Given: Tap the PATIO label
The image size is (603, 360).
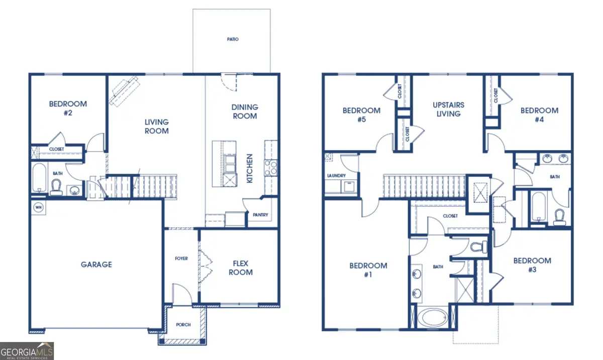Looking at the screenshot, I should (x=232, y=39).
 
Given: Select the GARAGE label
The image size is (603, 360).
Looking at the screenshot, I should (x=96, y=265).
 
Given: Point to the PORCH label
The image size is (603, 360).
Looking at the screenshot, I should (x=183, y=325).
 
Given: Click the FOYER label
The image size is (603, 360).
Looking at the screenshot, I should (x=181, y=259).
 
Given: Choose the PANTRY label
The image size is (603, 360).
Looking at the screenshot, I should (x=260, y=215).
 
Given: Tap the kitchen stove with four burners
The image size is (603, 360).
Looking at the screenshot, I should (x=270, y=167).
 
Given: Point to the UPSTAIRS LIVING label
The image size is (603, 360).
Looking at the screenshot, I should (x=448, y=109).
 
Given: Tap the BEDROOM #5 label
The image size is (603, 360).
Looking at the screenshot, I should (x=361, y=115).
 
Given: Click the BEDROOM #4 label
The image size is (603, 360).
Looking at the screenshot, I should (x=539, y=115).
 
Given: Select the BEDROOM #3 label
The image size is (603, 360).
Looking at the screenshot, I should (x=532, y=265).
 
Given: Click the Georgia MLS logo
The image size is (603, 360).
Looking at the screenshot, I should (x=27, y=350).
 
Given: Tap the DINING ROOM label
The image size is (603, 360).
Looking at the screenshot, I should (x=245, y=111).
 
